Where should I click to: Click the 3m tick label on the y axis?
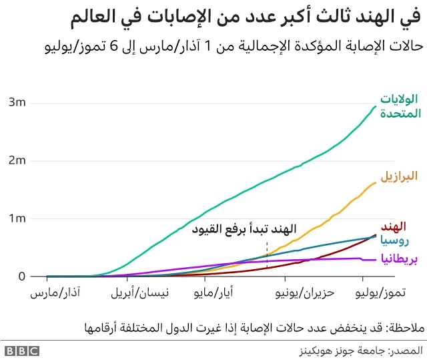tap(18, 102)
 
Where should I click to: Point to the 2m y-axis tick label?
tap(18, 160)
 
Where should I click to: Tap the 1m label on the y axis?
tap(18, 218)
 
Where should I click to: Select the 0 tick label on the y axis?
tap(22, 277)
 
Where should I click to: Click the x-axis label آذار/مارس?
tap(52, 293)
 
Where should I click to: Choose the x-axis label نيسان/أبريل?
tap(138, 293)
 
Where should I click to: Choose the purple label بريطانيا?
tap(399, 258)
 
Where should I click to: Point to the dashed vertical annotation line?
tap(267, 255)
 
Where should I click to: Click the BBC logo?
tap(21, 350)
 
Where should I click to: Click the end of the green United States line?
tap(376, 106)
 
